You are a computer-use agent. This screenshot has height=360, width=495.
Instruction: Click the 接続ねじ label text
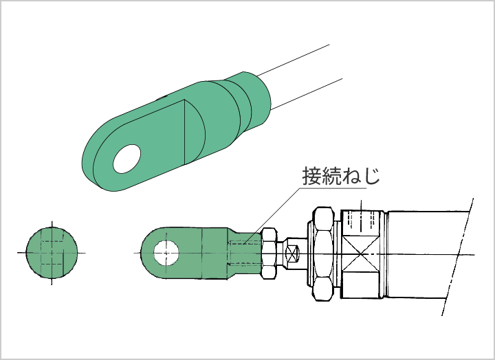(341, 176)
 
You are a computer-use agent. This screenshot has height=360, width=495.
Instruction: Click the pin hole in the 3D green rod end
(127, 159)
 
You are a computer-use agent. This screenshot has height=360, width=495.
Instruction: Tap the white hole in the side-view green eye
(166, 253)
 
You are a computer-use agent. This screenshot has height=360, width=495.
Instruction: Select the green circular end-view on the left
(52, 253)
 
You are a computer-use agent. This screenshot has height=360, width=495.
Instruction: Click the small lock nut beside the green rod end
(269, 253)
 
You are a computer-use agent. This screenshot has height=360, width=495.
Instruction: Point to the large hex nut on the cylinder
(324, 254)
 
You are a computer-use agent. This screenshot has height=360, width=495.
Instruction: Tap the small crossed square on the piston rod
(291, 254)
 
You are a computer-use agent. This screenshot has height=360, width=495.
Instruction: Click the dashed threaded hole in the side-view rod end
(244, 253)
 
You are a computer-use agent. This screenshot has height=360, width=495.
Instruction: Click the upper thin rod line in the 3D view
(294, 60)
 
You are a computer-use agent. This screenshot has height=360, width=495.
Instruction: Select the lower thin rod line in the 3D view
(307, 94)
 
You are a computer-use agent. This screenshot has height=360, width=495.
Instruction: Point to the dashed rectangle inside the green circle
(52, 253)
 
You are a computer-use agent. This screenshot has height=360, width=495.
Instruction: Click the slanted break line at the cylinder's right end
(457, 256)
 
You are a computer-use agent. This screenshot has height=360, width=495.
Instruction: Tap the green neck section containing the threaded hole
(243, 253)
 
